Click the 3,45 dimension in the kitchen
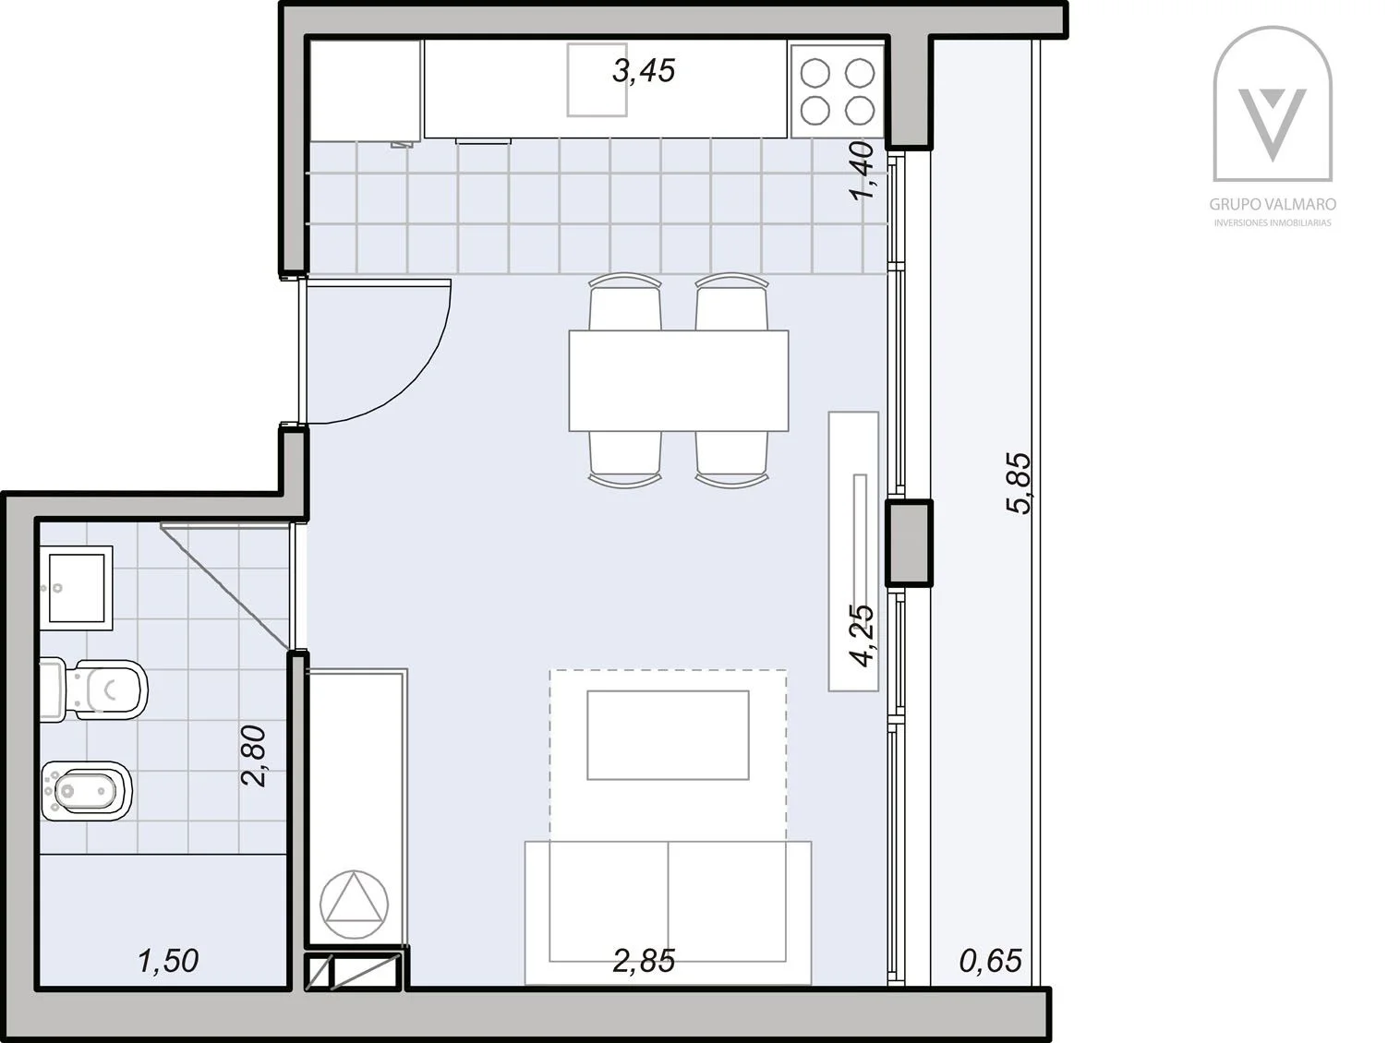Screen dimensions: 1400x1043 click(644, 71)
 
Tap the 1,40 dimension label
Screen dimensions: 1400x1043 click(862, 171)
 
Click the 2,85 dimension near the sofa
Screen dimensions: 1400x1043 click(644, 961)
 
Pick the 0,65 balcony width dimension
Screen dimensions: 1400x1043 click(991, 961)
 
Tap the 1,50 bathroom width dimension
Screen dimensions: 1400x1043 click(168, 961)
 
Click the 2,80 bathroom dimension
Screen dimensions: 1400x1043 click(253, 756)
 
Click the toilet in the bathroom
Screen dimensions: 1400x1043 click(94, 689)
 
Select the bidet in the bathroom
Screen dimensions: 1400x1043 click(87, 791)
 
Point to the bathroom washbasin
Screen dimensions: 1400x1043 click(76, 588)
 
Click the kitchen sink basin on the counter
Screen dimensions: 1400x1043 click(597, 79)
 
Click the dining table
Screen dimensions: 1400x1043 click(679, 380)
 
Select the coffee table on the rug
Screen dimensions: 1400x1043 click(668, 735)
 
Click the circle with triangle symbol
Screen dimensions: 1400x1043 click(354, 904)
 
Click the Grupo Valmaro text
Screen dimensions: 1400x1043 click(1273, 205)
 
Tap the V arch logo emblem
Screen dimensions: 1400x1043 click(1273, 104)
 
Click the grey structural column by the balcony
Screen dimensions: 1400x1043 click(909, 543)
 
